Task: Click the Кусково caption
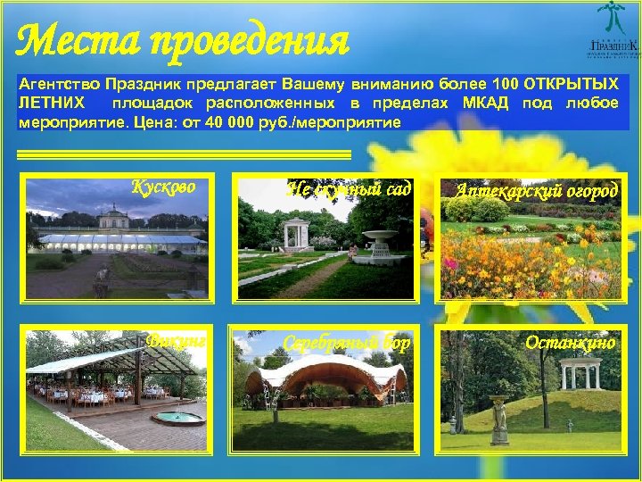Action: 163,187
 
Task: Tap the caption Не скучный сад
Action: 350,188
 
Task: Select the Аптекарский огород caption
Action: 537,190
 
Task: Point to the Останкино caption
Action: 570,342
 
